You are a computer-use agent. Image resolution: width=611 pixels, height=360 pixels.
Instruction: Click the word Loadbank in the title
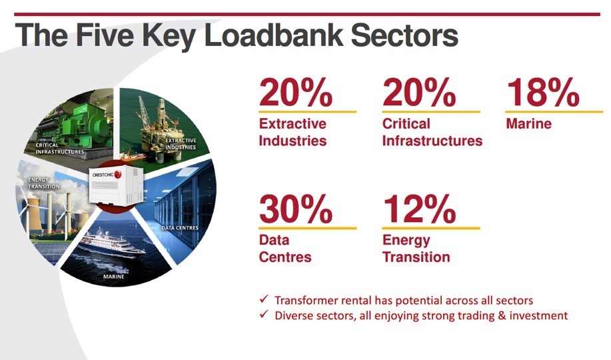[274, 35]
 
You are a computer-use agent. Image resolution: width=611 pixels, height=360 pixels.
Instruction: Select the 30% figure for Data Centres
[296, 209]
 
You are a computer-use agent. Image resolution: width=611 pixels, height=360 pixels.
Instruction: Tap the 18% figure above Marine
[543, 93]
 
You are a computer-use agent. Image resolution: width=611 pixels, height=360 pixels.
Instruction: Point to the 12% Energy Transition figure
[419, 209]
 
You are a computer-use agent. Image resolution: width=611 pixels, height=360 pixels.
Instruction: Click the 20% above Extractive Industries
[296, 93]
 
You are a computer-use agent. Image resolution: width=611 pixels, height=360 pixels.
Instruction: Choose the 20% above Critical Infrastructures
[419, 93]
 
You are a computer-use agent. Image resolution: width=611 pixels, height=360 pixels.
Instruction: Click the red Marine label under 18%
[529, 124]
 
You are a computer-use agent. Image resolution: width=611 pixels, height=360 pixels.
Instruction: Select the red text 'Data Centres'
[285, 249]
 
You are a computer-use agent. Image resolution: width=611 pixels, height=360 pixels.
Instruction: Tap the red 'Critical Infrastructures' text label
[432, 132]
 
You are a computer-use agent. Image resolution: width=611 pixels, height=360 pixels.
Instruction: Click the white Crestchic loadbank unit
[116, 185]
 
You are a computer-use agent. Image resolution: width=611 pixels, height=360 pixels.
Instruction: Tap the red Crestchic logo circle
[118, 175]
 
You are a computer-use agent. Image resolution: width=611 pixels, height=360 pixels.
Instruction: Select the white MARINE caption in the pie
[114, 277]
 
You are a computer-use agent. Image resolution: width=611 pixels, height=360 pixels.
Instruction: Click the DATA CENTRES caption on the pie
[180, 228]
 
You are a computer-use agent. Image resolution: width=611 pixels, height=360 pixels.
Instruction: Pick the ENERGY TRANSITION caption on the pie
[44, 183]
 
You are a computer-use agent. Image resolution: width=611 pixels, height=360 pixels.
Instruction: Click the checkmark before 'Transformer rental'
[265, 299]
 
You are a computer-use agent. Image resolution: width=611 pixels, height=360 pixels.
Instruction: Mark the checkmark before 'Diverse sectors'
[265, 314]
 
